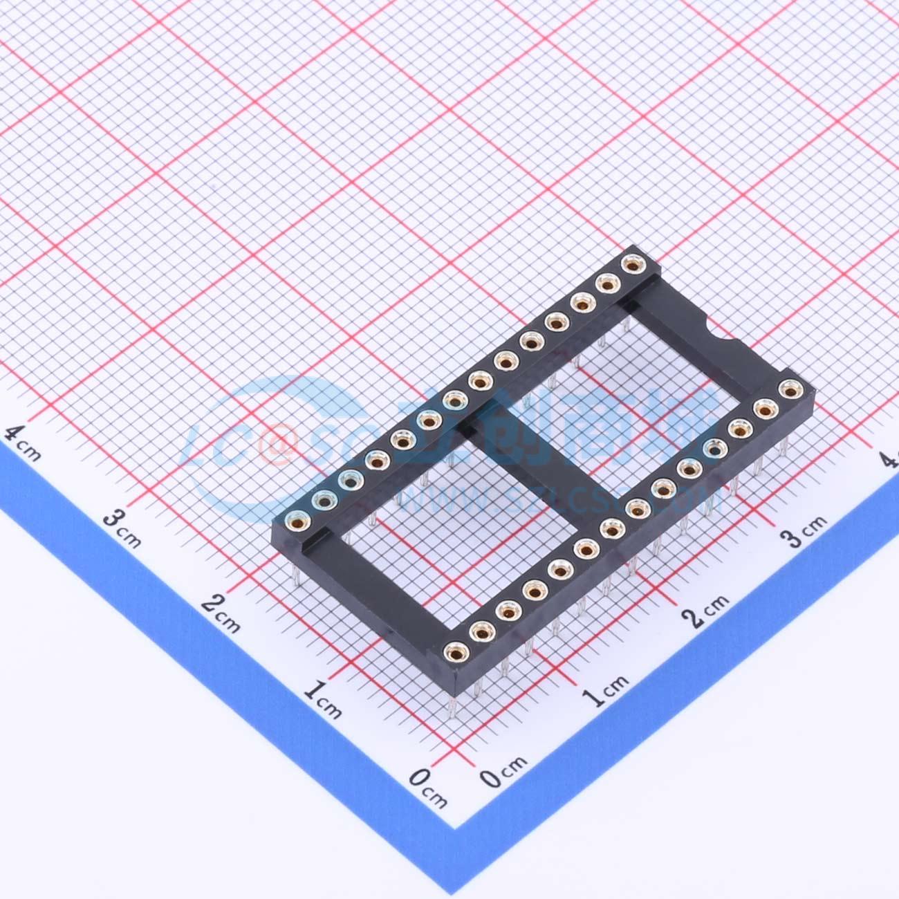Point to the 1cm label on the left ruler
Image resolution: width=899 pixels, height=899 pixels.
pyautogui.click(x=322, y=698)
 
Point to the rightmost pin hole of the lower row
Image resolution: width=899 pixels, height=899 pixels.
pyautogui.click(x=788, y=391)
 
